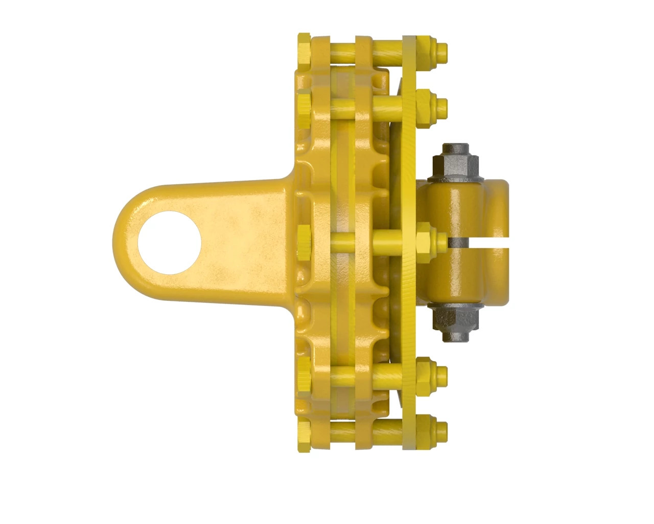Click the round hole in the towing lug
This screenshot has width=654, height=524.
pyautogui.click(x=169, y=241)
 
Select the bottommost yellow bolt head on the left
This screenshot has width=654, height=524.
pyautogui.click(x=303, y=435)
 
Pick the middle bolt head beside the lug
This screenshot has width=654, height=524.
pyautogui.click(x=303, y=241)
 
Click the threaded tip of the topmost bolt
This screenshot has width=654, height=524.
pyautogui.click(x=442, y=50)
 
